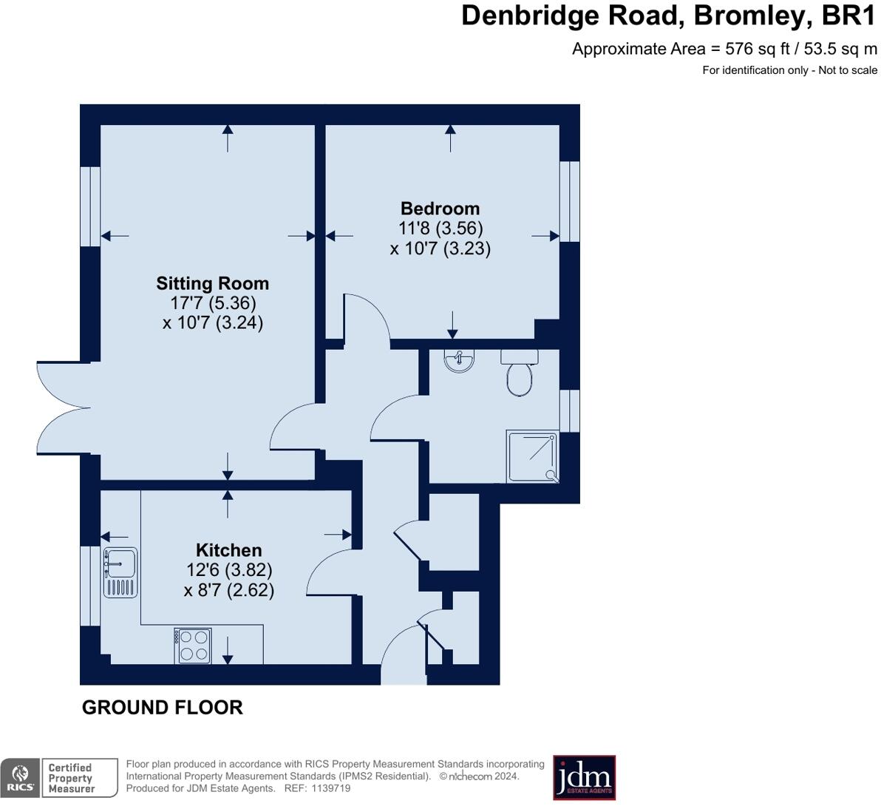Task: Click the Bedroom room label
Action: pyautogui.click(x=440, y=209)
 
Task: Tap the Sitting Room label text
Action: pyautogui.click(x=212, y=283)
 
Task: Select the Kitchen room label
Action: pyautogui.click(x=228, y=550)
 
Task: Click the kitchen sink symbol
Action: pyautogui.click(x=120, y=572)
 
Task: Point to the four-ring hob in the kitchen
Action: pyautogui.click(x=193, y=646)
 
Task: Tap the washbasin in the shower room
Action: pyautogui.click(x=459, y=361)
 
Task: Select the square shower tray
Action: pyautogui.click(x=532, y=456)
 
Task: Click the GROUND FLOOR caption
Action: pyautogui.click(x=162, y=708)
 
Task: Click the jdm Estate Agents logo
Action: pyautogui.click(x=584, y=777)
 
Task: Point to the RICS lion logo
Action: pyautogui.click(x=20, y=777)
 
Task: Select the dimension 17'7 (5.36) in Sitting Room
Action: pyautogui.click(x=213, y=303)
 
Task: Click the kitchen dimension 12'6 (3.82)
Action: pyautogui.click(x=229, y=570)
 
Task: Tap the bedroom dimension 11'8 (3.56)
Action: pyautogui.click(x=440, y=229)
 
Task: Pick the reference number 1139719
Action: pyautogui.click(x=330, y=788)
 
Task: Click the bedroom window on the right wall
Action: pyautogui.click(x=569, y=201)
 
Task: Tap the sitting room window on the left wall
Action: pyautogui.click(x=90, y=206)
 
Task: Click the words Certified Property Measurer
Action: pyautogui.click(x=71, y=778)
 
